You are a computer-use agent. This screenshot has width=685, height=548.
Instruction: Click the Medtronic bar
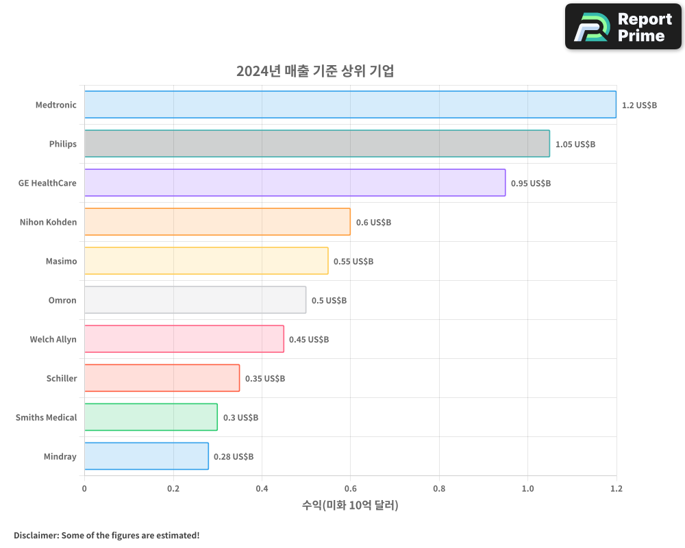(x=350, y=105)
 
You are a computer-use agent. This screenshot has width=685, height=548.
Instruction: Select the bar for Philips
(x=316, y=144)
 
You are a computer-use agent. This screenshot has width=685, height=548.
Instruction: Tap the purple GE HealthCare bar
(x=295, y=183)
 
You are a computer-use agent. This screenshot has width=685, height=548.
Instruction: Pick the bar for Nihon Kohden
(x=217, y=222)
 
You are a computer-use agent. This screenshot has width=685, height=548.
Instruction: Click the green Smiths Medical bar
(x=151, y=417)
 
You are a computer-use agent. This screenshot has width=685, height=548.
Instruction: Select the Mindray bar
(x=146, y=456)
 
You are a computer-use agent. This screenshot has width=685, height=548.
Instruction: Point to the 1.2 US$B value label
(x=639, y=105)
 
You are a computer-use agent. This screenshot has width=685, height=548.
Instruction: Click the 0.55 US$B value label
(x=353, y=262)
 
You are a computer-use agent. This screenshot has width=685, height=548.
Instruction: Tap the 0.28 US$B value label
(x=234, y=457)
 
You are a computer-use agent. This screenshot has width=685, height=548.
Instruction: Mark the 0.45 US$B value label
(x=309, y=340)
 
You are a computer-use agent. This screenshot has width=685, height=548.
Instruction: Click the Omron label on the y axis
(x=62, y=301)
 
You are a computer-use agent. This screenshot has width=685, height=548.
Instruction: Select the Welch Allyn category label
(x=53, y=340)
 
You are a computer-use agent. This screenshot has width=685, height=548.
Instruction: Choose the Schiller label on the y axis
(x=62, y=379)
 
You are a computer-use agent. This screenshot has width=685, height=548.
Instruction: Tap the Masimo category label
(x=61, y=262)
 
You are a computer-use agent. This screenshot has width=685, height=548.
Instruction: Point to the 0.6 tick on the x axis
(x=350, y=489)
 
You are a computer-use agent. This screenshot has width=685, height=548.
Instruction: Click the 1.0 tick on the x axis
(x=527, y=489)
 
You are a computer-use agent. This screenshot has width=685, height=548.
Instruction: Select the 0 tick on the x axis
(x=84, y=489)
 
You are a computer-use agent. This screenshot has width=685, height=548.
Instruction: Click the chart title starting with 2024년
(x=315, y=71)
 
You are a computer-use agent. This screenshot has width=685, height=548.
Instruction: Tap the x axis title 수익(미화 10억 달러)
(x=350, y=506)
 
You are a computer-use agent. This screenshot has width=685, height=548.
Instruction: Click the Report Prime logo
(x=623, y=27)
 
